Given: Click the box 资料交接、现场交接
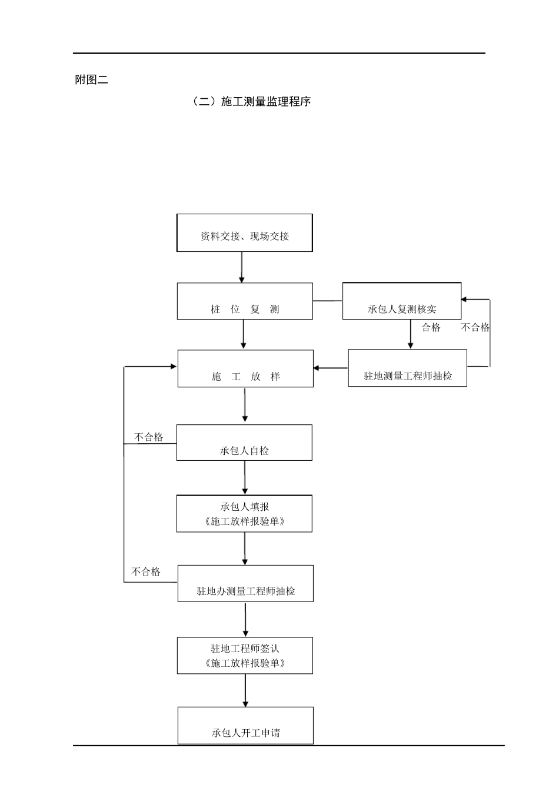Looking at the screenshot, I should pos(244,233).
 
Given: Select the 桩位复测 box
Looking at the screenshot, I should pos(245,301).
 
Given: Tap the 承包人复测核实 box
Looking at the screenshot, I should pos(402,301).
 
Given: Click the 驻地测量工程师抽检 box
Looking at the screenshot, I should pos(407,368).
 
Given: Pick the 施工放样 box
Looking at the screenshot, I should pos(245,369).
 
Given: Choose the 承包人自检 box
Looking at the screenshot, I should pos(244,443).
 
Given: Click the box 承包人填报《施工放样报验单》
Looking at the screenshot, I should pos(244,514).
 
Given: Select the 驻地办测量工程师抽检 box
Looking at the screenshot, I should pos(245,584).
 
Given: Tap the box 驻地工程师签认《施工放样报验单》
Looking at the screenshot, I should pos(245,656).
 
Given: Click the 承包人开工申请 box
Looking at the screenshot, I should pos(245,726).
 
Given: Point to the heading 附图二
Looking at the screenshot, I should pos(92,80).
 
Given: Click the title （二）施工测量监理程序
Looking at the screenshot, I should pos(251,101).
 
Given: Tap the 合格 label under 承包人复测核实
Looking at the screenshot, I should pos(431,328).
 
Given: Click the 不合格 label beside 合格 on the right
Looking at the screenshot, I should pos(475,328).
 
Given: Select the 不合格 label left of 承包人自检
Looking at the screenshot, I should pos(148,437).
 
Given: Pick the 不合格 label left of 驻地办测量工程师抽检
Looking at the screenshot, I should pos(146,572).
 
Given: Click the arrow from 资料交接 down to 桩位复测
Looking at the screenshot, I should pos(241,268).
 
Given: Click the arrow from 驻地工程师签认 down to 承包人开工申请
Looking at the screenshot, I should pos(245,690).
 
